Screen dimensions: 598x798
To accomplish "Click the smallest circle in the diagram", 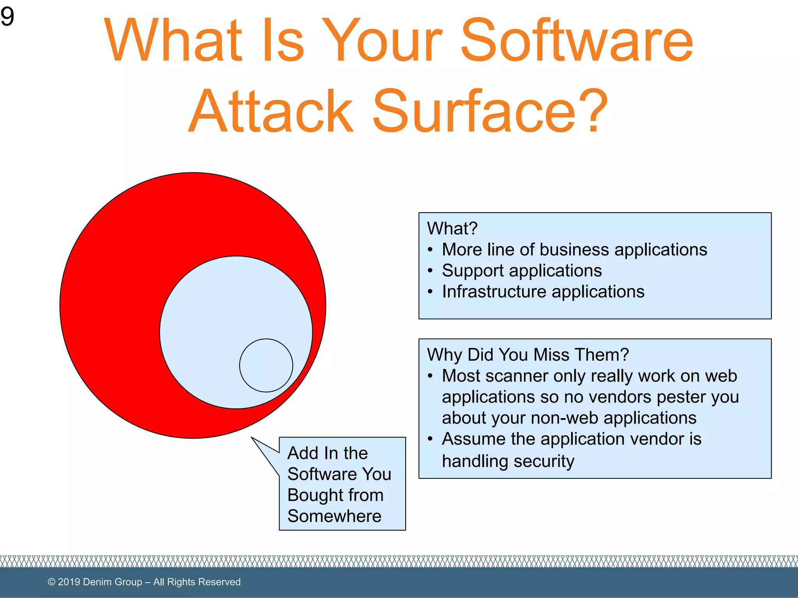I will point(266,365).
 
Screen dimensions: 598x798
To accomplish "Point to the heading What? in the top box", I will point(452,229).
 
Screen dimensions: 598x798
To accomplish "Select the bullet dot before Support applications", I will point(430,271).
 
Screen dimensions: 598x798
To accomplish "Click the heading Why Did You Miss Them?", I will point(528,355).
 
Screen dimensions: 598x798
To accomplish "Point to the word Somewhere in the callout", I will point(334,516).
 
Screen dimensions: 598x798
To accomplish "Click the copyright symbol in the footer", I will point(51,582).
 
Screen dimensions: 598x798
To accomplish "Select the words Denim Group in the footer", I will point(112,582).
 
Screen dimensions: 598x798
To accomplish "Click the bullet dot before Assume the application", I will point(430,439).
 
